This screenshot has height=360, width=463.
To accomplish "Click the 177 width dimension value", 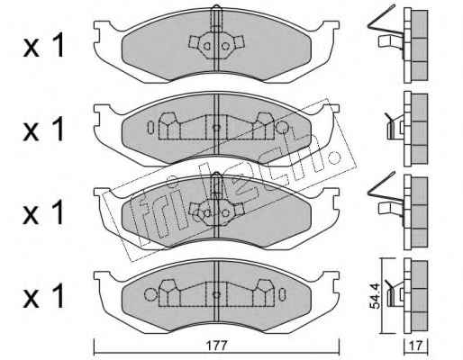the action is click(x=217, y=346).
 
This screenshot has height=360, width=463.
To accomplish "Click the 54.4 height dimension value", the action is click(x=375, y=296).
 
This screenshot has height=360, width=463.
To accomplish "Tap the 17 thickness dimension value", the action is click(x=416, y=346).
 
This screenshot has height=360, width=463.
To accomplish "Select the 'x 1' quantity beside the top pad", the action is click(x=44, y=46).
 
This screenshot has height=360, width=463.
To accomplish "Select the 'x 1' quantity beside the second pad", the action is click(x=44, y=129).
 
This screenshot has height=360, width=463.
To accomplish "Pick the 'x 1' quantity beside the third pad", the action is click(x=44, y=212).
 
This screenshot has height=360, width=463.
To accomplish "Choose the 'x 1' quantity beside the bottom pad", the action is click(x=44, y=296).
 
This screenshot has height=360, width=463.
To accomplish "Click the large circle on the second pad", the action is click(x=282, y=128).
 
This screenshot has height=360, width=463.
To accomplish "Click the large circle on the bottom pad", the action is click(x=150, y=294).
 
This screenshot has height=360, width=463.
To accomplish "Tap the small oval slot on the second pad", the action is click(x=150, y=128).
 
